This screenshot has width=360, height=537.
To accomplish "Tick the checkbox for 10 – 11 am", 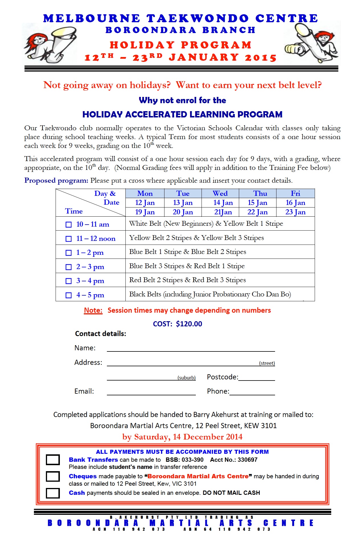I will (x=69, y=225).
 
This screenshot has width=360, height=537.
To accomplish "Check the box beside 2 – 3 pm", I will (x=69, y=267).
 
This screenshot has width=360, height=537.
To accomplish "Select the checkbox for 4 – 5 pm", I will (x=69, y=295).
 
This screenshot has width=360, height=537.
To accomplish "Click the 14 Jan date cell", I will (x=223, y=203).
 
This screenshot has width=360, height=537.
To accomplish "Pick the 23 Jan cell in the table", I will (x=295, y=212).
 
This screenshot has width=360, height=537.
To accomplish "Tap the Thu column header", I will (x=260, y=193).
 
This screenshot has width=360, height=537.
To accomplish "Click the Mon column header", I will (x=145, y=193).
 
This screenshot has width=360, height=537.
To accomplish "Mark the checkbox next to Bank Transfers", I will (x=53, y=460).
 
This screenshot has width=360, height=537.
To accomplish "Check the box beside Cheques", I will (x=53, y=476).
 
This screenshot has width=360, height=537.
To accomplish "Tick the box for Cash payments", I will (x=53, y=493).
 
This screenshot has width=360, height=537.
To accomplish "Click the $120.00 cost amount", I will (x=189, y=324).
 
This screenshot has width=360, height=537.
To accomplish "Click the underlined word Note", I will (x=93, y=310).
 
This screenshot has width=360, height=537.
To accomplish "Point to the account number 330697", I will (x=247, y=460).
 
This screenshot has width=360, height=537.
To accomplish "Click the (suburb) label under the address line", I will (x=186, y=378).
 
